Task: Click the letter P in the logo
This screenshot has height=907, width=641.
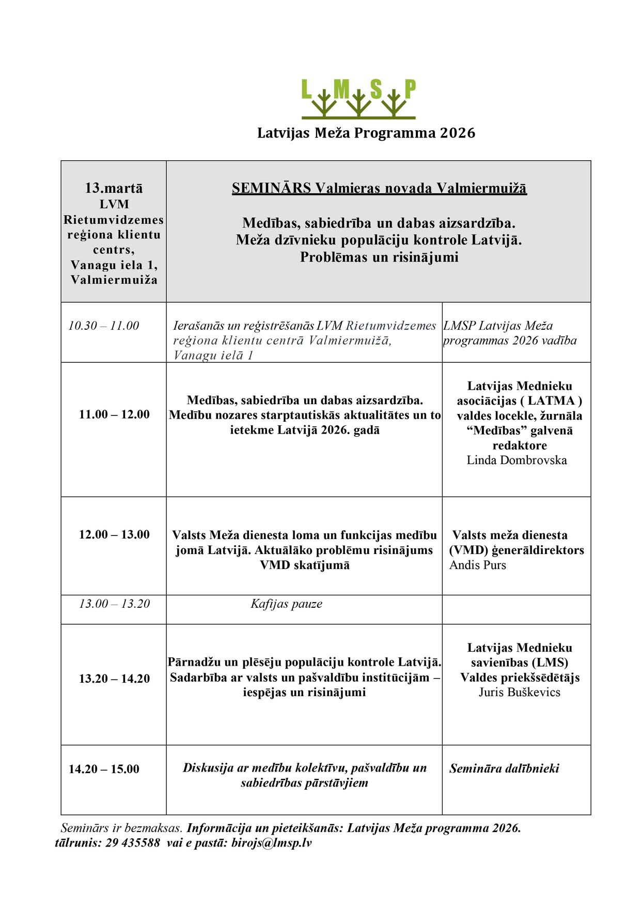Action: [x=410, y=89]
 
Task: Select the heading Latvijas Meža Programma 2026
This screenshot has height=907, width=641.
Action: [x=366, y=133]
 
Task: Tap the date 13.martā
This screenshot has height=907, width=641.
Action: [x=114, y=188]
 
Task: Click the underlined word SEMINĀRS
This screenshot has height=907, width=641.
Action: [x=271, y=188]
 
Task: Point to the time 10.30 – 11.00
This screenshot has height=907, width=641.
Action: [x=104, y=326]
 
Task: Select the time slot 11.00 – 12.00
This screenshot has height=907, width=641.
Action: [x=114, y=414]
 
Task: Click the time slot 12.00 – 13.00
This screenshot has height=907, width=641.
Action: [x=114, y=535]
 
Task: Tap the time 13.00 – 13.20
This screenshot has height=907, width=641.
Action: [x=114, y=604]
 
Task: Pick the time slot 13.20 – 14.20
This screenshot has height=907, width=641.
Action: [x=114, y=679]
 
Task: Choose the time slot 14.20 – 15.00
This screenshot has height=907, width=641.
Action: [x=104, y=769]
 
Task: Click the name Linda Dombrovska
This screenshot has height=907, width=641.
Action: [x=517, y=460]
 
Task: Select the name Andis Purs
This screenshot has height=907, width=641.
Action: [x=478, y=565]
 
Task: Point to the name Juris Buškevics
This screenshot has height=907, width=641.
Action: [x=519, y=693]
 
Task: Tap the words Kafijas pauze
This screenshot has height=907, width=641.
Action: [x=286, y=604]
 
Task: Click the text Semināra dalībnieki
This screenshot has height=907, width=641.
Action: [x=504, y=768]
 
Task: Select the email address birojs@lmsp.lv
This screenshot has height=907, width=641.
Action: [x=272, y=843]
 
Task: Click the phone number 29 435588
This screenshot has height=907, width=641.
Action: [x=133, y=843]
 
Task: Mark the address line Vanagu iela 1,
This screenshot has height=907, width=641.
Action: [x=114, y=265]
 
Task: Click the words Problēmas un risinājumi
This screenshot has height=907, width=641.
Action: [x=379, y=257]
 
